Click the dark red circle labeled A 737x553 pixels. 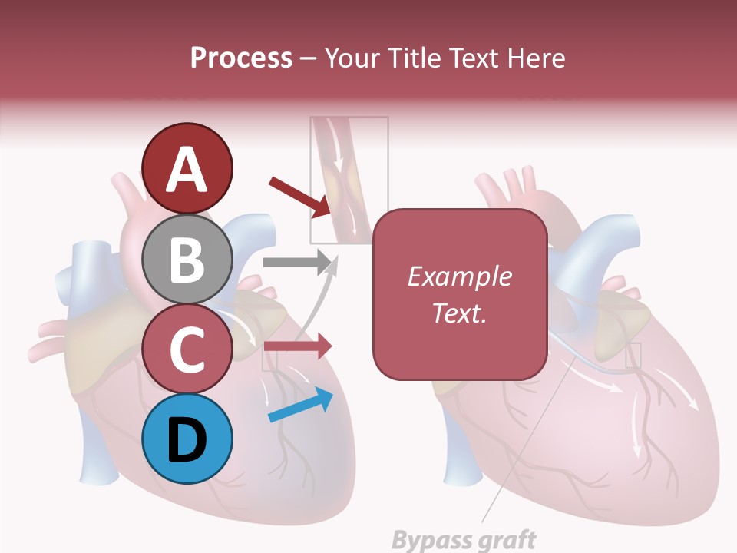point(187,168)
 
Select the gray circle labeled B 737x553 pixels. point(187,259)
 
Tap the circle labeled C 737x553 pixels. point(187,349)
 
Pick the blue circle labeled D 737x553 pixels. point(187,439)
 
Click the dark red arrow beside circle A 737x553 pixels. point(300,196)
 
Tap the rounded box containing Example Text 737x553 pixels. point(460,295)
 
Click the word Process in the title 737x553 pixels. point(241,58)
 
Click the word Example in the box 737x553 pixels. point(459,277)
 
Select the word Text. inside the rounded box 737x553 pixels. point(459,313)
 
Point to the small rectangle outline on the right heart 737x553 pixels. point(633,356)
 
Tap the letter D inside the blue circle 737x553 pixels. point(187,441)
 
